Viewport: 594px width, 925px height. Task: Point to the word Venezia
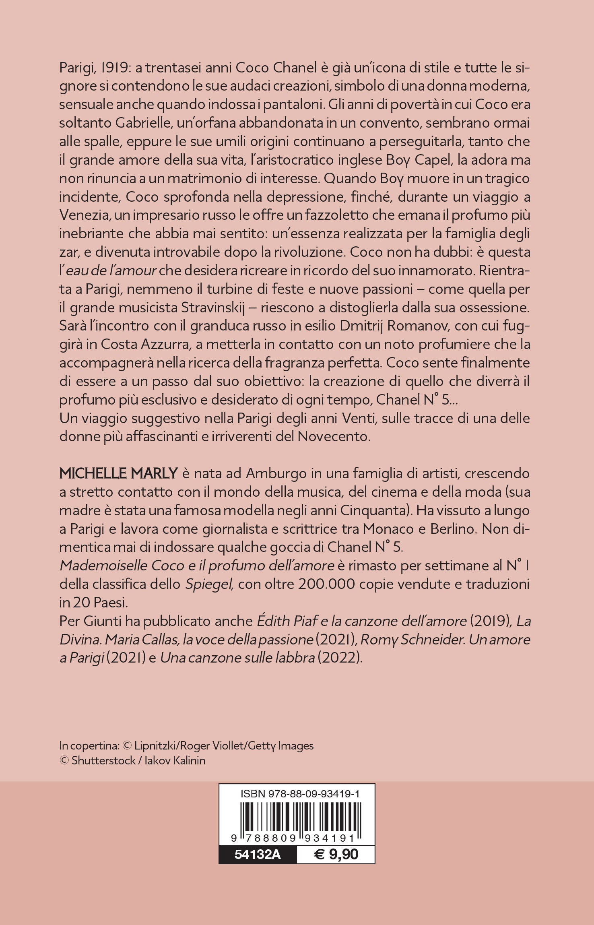pos(84,215)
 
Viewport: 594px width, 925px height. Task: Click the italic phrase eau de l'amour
pos(111,271)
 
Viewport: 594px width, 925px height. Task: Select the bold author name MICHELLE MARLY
pos(118,474)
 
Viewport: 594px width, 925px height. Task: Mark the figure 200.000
pos(326,584)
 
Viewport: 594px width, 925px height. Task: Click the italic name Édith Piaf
pos(287,621)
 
